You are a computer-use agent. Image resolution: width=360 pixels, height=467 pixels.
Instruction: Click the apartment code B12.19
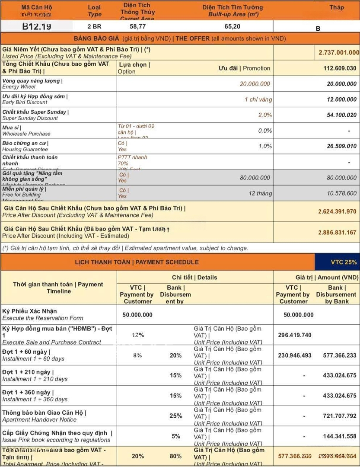[x=37, y=26]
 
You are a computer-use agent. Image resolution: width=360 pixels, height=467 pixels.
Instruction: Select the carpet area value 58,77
[x=137, y=26]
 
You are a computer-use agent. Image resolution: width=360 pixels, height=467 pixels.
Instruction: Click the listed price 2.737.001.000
[x=339, y=52]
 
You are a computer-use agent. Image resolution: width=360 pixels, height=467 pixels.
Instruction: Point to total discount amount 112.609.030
[x=340, y=68]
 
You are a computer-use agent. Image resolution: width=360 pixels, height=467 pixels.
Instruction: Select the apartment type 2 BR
[x=94, y=26]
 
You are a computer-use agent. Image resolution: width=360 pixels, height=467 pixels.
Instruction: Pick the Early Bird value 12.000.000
[x=341, y=99]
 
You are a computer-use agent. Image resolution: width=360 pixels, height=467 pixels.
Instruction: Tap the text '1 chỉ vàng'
[x=258, y=99]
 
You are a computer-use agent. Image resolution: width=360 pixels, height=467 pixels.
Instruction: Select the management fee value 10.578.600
[x=341, y=193]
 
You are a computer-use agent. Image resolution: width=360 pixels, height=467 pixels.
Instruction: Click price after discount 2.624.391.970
[x=337, y=211]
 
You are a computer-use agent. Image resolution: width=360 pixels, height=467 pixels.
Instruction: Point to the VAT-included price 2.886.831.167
[x=337, y=232]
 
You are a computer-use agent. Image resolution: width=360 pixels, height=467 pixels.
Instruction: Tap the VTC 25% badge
[x=344, y=262]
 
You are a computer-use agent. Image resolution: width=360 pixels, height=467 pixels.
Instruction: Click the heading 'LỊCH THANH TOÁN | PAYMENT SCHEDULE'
[x=137, y=262]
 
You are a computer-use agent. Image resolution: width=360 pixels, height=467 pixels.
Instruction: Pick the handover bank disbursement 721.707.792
[x=339, y=416]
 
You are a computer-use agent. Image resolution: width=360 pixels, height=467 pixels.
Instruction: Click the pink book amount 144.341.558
[x=339, y=436]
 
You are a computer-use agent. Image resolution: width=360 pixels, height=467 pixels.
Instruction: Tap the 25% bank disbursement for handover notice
[x=175, y=416]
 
